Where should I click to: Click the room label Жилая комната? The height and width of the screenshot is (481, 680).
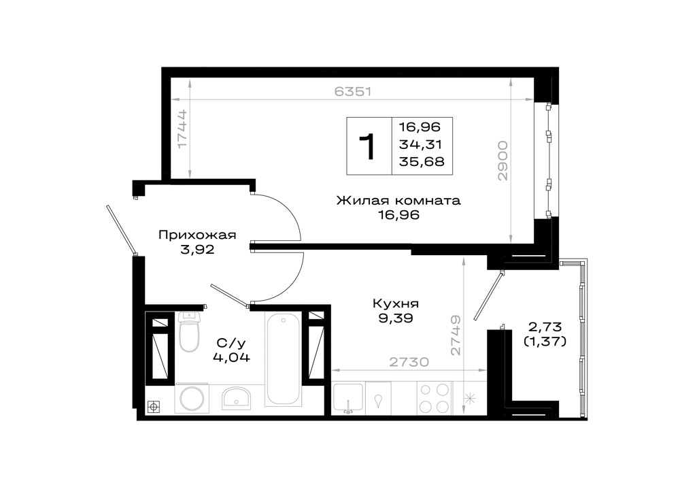(398, 201)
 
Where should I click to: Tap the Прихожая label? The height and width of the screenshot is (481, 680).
(197, 235)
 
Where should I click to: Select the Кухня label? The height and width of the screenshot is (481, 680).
(396, 304)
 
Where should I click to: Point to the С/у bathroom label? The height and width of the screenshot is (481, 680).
(231, 343)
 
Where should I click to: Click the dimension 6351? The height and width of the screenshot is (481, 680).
(353, 92)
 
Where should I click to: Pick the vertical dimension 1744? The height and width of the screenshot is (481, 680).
(182, 129)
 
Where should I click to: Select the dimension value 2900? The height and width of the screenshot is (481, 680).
(503, 161)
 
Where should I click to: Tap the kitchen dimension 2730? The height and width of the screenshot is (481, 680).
(409, 362)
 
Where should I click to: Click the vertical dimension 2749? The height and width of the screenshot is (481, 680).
(456, 335)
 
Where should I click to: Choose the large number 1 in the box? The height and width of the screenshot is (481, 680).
(368, 146)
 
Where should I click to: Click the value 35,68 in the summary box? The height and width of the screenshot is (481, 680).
(422, 162)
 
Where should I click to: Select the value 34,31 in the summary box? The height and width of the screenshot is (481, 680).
(420, 144)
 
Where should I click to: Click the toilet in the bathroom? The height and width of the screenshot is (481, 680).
(189, 332)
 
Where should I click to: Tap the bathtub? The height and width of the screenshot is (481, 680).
(283, 359)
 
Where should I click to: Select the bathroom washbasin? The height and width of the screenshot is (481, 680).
(237, 398)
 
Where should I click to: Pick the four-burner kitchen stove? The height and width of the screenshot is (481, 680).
(434, 398)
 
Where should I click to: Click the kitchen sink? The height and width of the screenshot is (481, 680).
(347, 398)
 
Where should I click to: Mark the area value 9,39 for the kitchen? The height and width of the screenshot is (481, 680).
(396, 319)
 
